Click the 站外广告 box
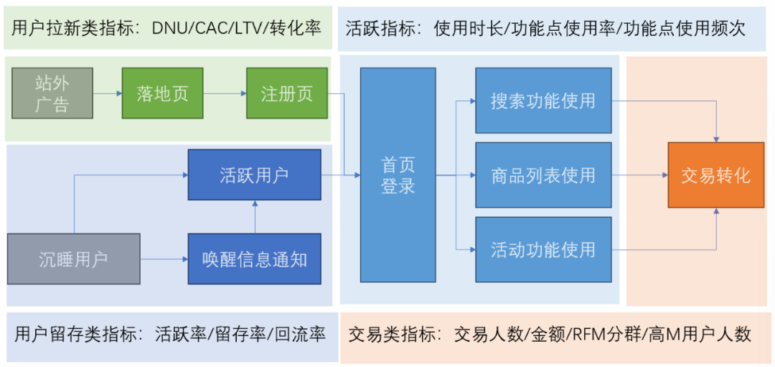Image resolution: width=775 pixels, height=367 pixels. click(x=52, y=93)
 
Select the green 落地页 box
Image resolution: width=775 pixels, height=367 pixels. click(x=162, y=93)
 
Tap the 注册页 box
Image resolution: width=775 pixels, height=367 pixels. click(x=286, y=93)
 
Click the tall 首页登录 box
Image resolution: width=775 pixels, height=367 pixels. click(x=398, y=175)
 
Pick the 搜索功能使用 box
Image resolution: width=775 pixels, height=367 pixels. click(x=543, y=101)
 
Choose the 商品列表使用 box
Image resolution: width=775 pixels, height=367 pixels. click(x=543, y=175)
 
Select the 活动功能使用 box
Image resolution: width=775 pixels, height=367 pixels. click(x=543, y=249)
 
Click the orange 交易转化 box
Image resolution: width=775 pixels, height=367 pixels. click(x=715, y=175)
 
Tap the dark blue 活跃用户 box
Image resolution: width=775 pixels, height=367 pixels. click(x=255, y=175)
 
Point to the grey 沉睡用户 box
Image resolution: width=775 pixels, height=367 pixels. click(x=74, y=259)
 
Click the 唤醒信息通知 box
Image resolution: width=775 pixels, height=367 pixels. click(x=255, y=259)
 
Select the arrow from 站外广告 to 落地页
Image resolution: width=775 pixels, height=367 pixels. click(x=107, y=93)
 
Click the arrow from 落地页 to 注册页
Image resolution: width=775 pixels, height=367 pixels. click(x=225, y=93)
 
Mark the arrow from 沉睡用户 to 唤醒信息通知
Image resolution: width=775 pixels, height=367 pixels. click(x=164, y=259)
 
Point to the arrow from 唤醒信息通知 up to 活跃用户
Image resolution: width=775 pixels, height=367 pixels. click(x=255, y=217)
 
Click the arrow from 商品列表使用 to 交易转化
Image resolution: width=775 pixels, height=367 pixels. click(x=639, y=175)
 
